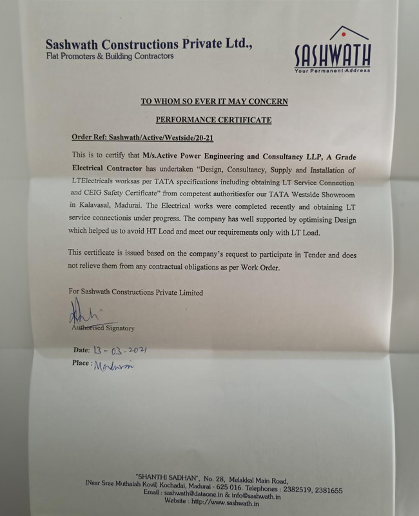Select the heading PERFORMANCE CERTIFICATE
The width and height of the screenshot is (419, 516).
(x=213, y=120)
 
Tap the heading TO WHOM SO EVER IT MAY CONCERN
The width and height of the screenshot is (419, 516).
(x=214, y=101)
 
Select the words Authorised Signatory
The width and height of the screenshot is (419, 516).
(x=104, y=328)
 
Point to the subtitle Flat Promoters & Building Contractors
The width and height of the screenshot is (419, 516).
(x=110, y=57)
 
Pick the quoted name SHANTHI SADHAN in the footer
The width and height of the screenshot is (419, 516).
(x=164, y=477)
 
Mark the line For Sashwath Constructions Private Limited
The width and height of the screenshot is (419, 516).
(x=136, y=292)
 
